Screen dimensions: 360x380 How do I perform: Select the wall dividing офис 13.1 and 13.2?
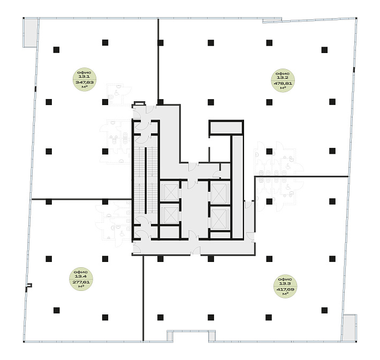click(x=158, y=59)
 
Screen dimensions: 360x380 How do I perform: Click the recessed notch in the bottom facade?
click(x=191, y=335)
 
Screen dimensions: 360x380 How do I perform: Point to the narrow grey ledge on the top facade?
click(x=272, y=21)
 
